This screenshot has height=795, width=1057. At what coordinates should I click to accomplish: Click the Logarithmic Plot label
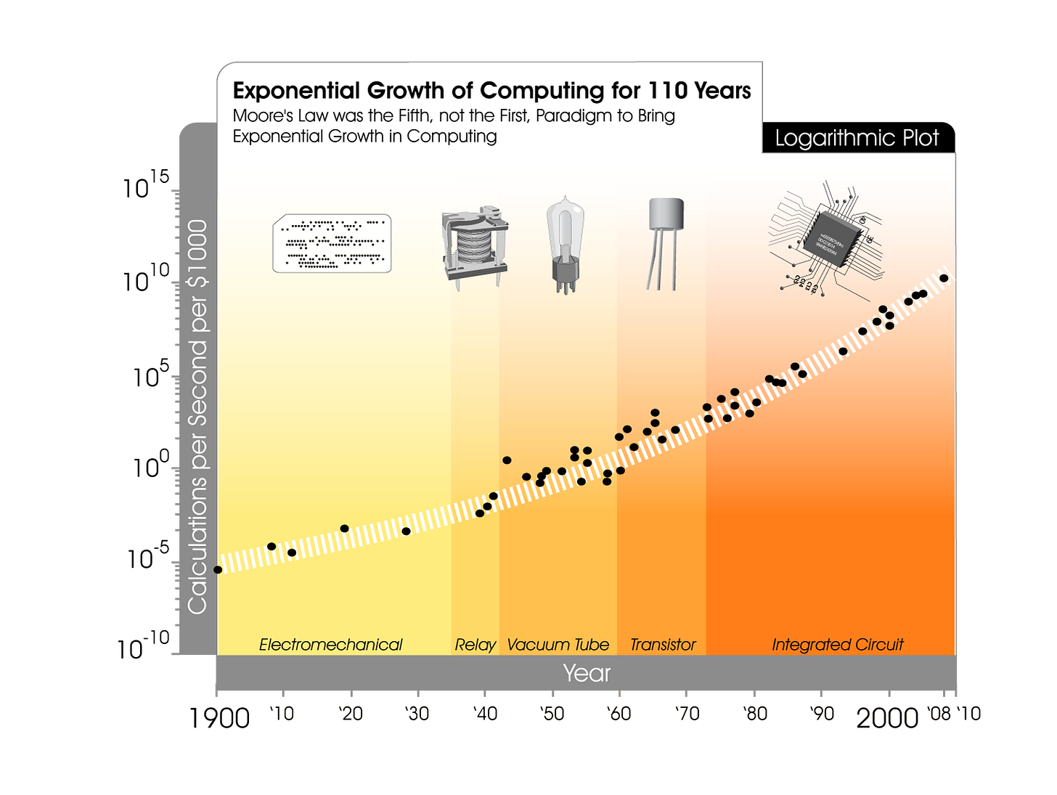(x=857, y=138)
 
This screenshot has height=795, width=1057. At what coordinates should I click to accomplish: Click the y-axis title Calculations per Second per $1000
(x=197, y=417)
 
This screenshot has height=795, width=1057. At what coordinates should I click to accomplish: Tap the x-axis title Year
(x=587, y=673)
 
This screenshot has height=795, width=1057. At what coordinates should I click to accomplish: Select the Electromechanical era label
(x=330, y=645)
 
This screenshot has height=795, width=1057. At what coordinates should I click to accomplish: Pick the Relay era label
(x=475, y=645)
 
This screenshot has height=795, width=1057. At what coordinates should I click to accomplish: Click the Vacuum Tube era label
(x=558, y=645)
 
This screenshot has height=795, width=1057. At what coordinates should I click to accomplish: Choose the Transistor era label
(x=662, y=645)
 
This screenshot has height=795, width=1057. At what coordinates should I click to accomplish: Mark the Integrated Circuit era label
(x=837, y=645)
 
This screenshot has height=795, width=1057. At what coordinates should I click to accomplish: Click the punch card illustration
(x=332, y=243)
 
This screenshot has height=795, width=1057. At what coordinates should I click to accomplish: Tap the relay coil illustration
(x=474, y=247)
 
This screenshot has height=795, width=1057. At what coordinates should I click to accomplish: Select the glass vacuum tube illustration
(x=565, y=243)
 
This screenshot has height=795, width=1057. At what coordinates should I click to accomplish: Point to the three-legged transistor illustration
(x=665, y=243)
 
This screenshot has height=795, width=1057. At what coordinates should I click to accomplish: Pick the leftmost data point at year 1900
(x=218, y=570)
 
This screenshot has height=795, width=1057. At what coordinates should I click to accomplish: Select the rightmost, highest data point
(x=944, y=278)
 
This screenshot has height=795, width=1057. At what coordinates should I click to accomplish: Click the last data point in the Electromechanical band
(x=406, y=531)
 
